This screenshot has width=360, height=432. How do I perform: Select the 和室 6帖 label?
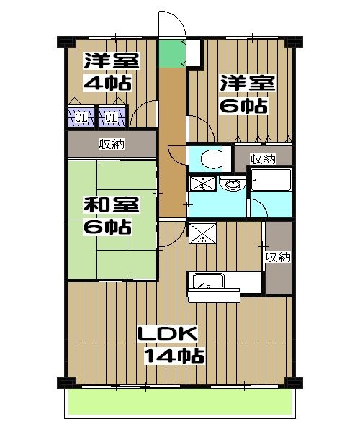107,216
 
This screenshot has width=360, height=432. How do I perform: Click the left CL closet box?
81,116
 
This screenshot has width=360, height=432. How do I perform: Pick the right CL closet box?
110,116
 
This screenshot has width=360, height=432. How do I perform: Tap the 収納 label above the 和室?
112,144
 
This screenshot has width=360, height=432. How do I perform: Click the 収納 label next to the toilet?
262,158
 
